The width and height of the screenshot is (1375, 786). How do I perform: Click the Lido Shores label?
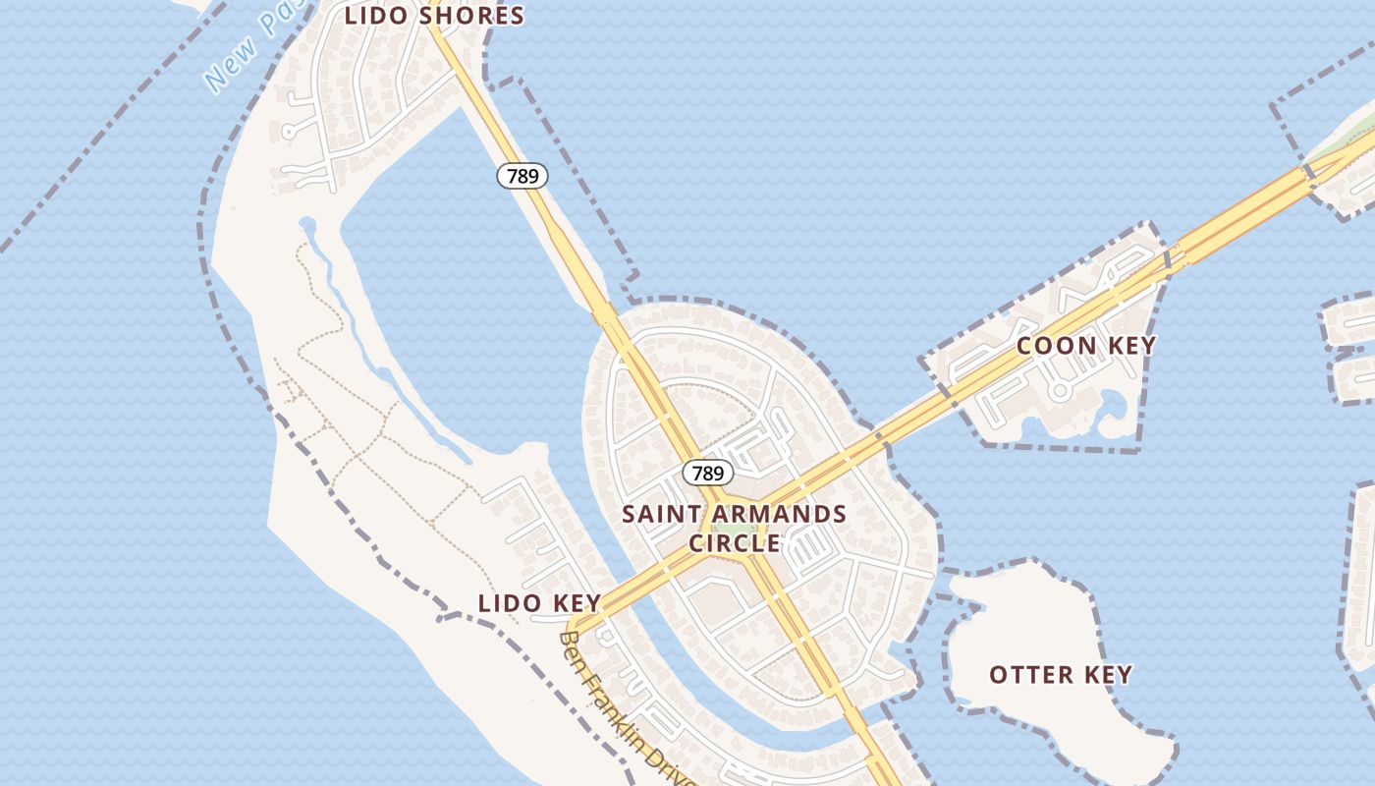tap(434, 16)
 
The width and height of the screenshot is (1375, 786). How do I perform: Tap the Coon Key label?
tap(1086, 346)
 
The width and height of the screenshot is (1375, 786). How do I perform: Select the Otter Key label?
tap(1061, 675)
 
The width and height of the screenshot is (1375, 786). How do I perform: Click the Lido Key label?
tap(539, 603)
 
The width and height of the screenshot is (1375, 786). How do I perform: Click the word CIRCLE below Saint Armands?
tap(735, 543)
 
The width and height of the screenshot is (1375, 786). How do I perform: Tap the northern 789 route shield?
tap(522, 176)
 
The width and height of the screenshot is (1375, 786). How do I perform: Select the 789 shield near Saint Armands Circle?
tap(707, 474)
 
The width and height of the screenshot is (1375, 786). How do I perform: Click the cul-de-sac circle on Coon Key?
tap(1059, 391)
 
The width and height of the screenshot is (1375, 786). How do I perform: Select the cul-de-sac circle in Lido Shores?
tap(289, 131)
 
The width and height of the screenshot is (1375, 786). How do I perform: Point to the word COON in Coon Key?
tap(1056, 346)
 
